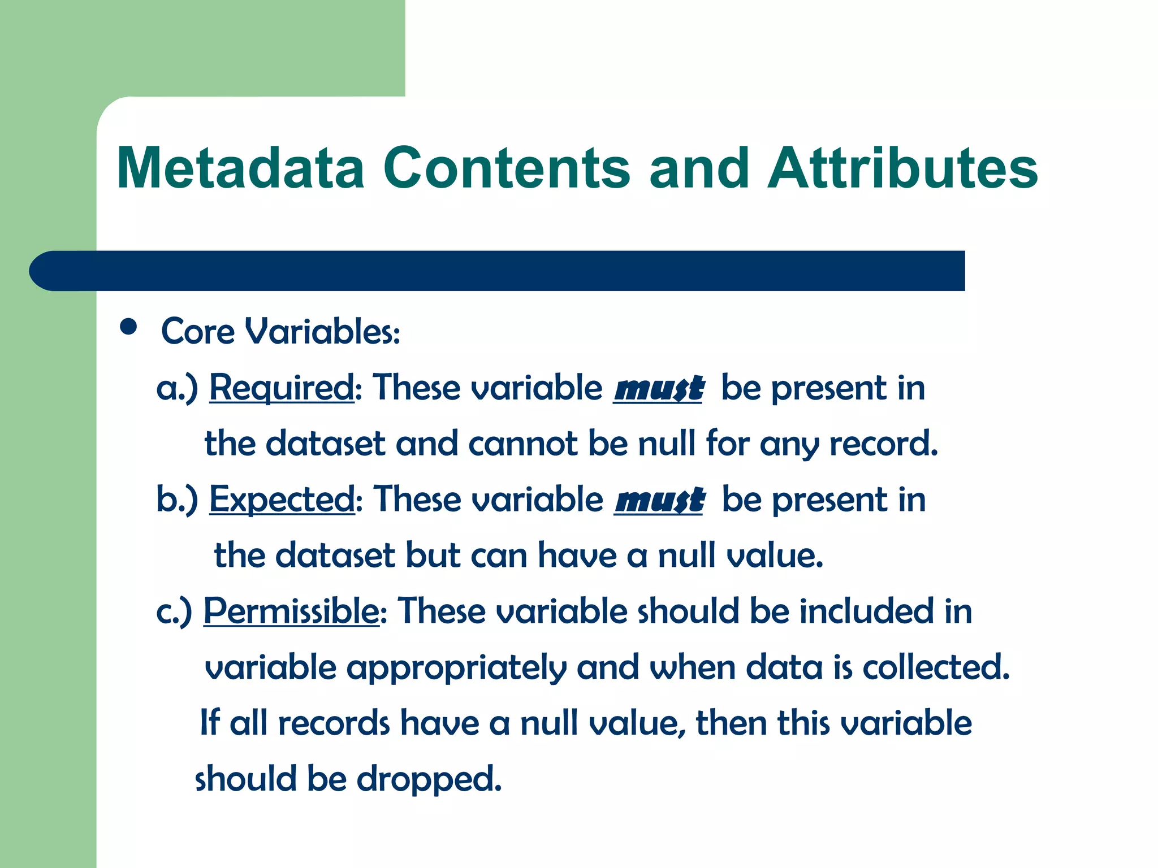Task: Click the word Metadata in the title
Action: click(x=240, y=168)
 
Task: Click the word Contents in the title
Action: click(x=506, y=168)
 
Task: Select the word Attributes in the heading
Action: click(x=902, y=168)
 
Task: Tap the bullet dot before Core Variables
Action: click(x=129, y=327)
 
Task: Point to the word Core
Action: click(x=197, y=331)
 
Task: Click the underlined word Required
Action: click(x=282, y=388)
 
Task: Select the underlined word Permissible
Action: click(x=291, y=611)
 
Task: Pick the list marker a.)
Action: click(x=177, y=389)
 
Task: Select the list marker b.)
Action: click(x=177, y=500)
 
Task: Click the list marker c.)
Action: click(x=174, y=612)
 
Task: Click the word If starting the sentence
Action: click(x=209, y=723)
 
